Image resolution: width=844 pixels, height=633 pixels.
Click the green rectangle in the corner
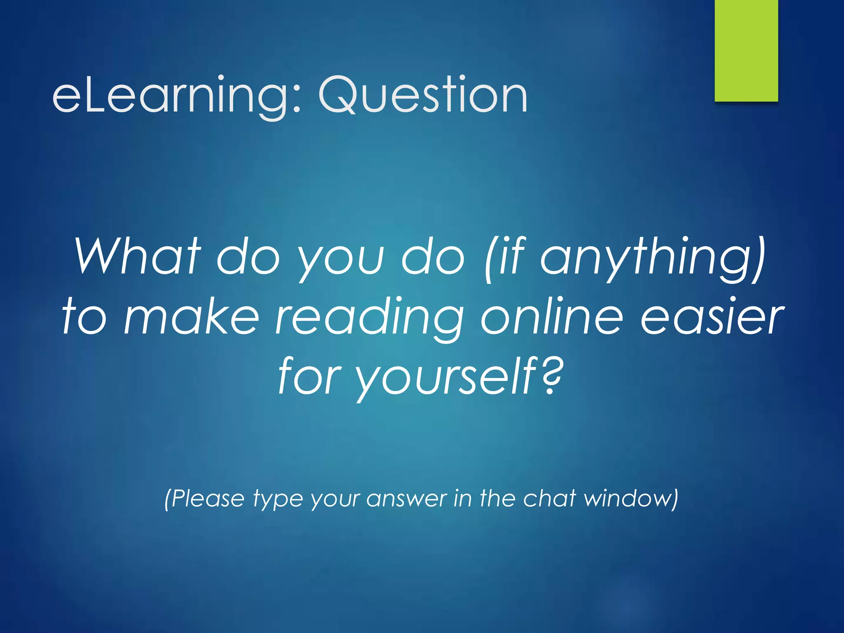746,50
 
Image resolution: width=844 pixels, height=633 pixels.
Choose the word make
191,317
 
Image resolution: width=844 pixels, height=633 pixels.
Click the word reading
369,317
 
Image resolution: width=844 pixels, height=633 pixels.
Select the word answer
406,499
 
